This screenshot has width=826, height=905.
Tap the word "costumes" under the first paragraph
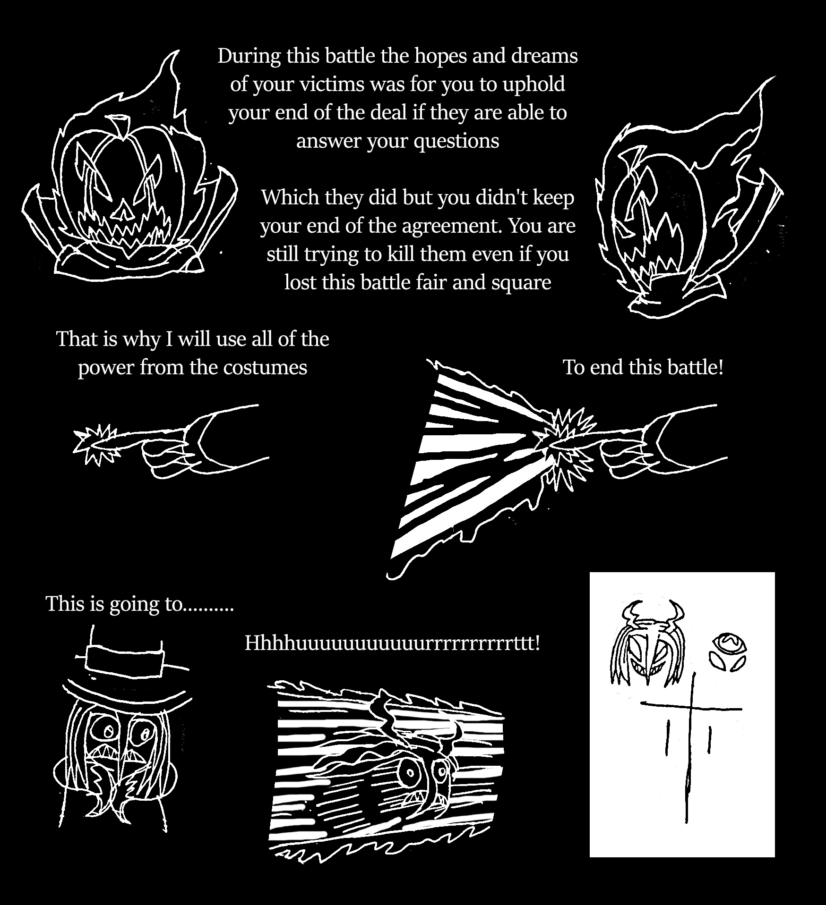click(265, 368)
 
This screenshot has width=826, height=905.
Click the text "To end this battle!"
click(643, 367)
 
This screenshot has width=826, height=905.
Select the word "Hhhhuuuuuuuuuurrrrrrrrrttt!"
click(392, 643)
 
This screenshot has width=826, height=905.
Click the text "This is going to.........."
click(140, 604)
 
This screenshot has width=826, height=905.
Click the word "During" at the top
click(248, 56)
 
